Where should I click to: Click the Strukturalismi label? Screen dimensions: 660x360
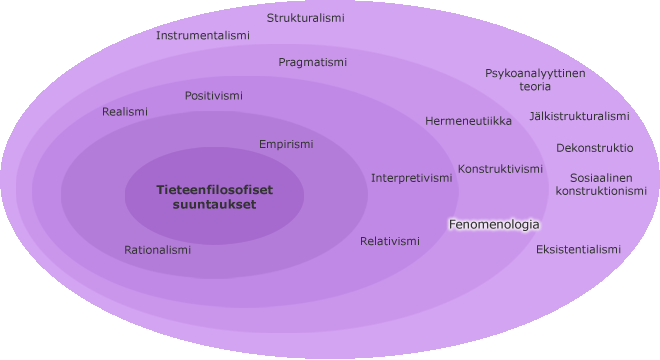306,18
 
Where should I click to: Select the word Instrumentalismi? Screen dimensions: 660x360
203,35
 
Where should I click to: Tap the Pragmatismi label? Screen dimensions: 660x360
313,62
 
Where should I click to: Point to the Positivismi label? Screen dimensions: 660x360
214,96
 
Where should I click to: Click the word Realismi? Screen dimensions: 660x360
125,112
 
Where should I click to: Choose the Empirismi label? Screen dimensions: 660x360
286,144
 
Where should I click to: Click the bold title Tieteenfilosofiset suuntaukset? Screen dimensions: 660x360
215,197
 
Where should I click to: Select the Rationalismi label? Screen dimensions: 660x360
157,250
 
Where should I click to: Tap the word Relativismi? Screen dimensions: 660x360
390,241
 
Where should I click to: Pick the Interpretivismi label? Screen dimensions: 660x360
412,178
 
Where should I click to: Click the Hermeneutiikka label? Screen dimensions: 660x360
468,121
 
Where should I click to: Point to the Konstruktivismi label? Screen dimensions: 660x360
500,169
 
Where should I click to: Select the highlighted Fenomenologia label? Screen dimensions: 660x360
494,224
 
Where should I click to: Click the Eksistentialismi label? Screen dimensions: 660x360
578,249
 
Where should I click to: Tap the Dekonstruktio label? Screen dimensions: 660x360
595,148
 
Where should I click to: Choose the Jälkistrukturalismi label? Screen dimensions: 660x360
580,116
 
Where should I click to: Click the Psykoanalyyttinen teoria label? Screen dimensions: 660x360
535,80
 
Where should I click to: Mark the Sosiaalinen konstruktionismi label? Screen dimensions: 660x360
601,184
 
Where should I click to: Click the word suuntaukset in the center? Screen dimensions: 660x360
215,205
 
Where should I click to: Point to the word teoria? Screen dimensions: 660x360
535,86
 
